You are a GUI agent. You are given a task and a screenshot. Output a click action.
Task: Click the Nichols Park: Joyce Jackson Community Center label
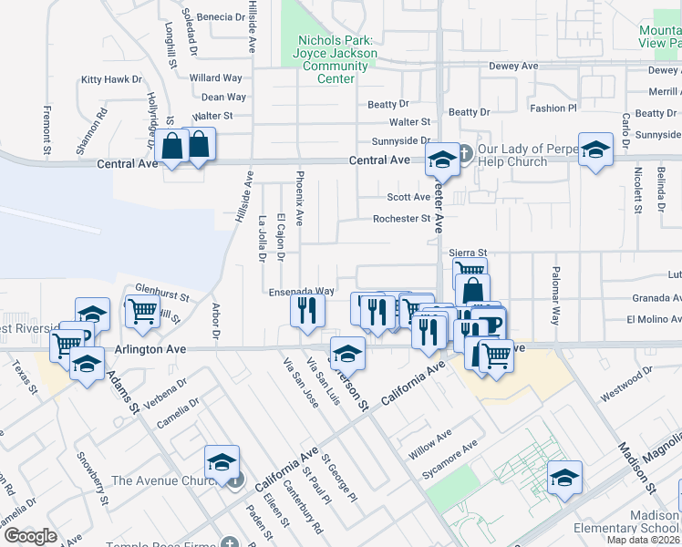pos(336,59)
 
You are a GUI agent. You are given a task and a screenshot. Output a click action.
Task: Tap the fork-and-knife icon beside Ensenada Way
pos(307,310)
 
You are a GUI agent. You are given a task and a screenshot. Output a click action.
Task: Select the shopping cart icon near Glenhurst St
pos(143,312)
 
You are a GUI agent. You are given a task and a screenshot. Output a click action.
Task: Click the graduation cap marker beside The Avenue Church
pos(222,462)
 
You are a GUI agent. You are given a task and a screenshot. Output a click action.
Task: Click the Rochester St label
pos(401,219)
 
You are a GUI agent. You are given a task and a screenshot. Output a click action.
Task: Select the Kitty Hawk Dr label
pos(112,80)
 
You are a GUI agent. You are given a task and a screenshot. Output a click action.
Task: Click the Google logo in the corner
pos(30,535)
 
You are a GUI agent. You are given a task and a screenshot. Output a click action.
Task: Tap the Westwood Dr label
pos(627,385)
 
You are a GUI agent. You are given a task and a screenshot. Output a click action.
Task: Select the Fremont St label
pos(46,129)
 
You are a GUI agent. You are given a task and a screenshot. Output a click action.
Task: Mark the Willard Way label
pos(216,78)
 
